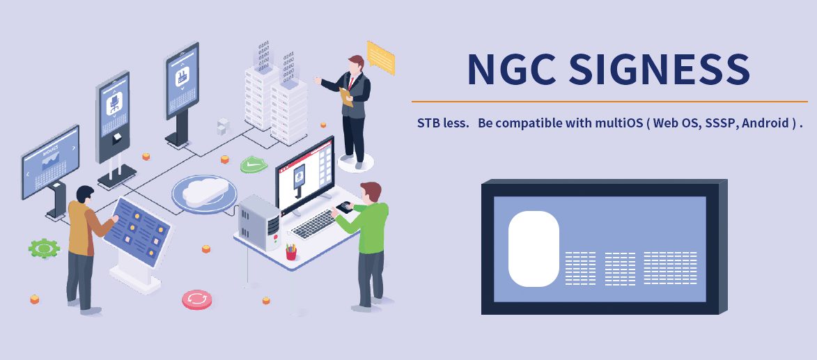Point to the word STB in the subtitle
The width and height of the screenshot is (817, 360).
click(427, 123)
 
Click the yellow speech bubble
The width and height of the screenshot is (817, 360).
click(381, 57)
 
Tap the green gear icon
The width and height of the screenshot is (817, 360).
click(44, 248)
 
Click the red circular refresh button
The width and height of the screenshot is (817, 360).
click(197, 299)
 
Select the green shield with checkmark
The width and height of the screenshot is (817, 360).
click(254, 164)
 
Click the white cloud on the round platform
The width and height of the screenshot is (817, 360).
click(205, 191)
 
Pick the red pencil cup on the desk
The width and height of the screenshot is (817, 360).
click(291, 253)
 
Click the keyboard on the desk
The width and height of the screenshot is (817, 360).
click(314, 224)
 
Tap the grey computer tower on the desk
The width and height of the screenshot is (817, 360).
click(259, 222)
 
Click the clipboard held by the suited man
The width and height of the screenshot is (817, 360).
click(345, 97)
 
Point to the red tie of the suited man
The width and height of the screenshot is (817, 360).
click(352, 82)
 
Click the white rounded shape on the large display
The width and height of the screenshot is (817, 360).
click(534, 249)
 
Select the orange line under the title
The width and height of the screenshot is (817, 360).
click(609, 102)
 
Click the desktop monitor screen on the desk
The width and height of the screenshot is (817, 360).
click(305, 175)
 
